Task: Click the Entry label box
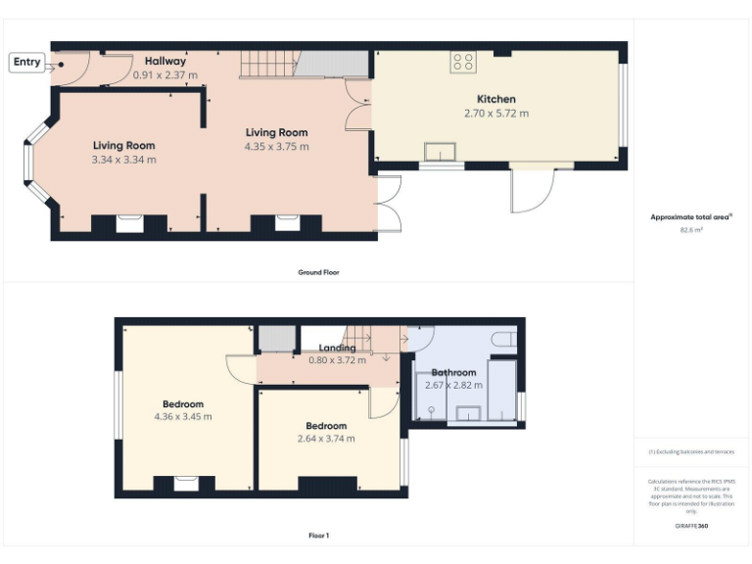[x=26, y=63]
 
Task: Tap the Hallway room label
[x=165, y=61]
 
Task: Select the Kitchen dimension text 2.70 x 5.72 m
[x=495, y=114]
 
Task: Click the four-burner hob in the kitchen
[x=462, y=63]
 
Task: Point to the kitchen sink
[x=441, y=151]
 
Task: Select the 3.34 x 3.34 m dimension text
[x=123, y=160]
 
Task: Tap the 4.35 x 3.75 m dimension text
[x=276, y=147]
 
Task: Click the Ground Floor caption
[x=318, y=272]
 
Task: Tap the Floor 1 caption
[x=318, y=536]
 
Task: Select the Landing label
[x=337, y=348]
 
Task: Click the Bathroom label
[x=453, y=372]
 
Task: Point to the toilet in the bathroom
[x=503, y=339]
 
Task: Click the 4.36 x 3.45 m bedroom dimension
[x=182, y=417]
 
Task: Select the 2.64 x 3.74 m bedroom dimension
[x=325, y=439]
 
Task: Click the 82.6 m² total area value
[x=692, y=229]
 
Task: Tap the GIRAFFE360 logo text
[x=692, y=527]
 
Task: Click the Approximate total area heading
[x=691, y=217]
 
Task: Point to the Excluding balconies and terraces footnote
[x=691, y=451]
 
